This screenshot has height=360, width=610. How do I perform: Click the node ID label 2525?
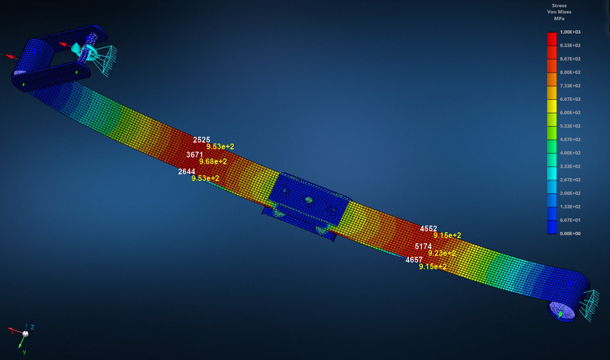pyautogui.click(x=201, y=140)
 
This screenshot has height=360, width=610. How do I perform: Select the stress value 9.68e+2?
pyautogui.click(x=213, y=161)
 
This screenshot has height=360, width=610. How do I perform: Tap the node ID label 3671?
pyautogui.click(x=195, y=154)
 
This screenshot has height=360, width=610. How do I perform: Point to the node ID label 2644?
pyautogui.click(x=187, y=171)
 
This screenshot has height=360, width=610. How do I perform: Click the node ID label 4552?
pyautogui.click(x=428, y=229)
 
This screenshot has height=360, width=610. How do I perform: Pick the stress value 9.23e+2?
pyautogui.click(x=442, y=253)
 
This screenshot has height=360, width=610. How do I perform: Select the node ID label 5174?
pyautogui.click(x=423, y=246)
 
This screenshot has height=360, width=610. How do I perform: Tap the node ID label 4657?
pyautogui.click(x=414, y=260)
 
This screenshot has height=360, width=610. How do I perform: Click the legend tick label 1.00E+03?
pyautogui.click(x=570, y=32)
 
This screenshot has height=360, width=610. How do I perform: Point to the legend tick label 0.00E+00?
pyautogui.click(x=570, y=233)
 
